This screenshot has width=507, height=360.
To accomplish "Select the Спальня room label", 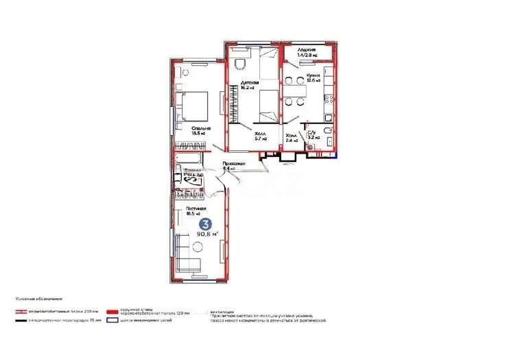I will click(200, 130).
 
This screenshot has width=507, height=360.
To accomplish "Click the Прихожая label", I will click(235, 165).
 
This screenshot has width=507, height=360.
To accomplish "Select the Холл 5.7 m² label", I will click(261, 136).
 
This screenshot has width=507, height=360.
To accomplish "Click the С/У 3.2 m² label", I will click(311, 135).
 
